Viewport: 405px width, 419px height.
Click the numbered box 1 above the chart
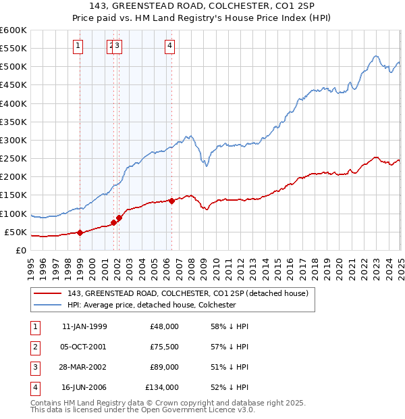pos(79,46)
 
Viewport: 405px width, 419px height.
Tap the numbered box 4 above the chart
pos(169,46)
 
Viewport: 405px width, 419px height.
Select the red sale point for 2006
pos(172,201)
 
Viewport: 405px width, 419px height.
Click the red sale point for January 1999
pos(80,232)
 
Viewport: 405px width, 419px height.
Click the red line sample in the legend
pos(48,293)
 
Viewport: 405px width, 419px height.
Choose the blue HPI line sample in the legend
pos(48,305)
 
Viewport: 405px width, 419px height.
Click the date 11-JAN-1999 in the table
pos(84,326)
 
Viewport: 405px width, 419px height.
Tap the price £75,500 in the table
pos(164,347)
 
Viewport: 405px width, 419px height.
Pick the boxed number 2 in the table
pos(34,347)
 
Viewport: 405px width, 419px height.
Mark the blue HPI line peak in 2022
pos(376,56)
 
